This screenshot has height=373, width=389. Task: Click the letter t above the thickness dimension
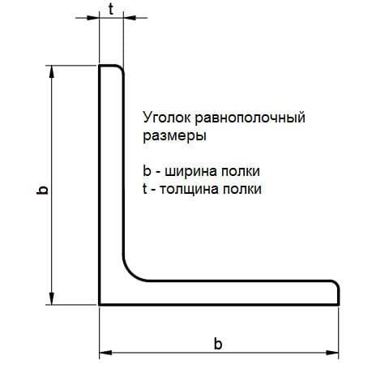click(111, 10)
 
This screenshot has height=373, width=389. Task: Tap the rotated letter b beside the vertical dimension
click(42, 190)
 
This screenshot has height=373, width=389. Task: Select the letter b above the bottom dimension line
click(218, 344)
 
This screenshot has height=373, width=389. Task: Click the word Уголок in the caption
click(167, 118)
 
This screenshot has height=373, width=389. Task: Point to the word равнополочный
click(250, 118)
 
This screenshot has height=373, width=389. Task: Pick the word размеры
click(174, 136)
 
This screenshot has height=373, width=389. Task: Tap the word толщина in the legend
click(189, 190)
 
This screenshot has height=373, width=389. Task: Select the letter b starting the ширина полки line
click(147, 171)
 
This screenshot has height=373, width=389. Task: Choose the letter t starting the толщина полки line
click(145, 189)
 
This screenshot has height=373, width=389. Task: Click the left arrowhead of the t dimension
click(93, 18)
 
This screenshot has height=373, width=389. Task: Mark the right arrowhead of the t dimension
click(130, 18)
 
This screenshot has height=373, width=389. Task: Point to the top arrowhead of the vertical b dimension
click(52, 71)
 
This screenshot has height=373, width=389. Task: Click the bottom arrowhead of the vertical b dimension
click(52, 298)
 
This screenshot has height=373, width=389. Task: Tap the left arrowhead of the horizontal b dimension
click(105, 353)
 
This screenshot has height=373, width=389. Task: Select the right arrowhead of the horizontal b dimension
click(332, 353)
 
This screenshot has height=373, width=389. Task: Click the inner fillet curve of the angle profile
click(131, 273)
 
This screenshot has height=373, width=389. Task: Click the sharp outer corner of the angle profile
click(100, 305)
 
